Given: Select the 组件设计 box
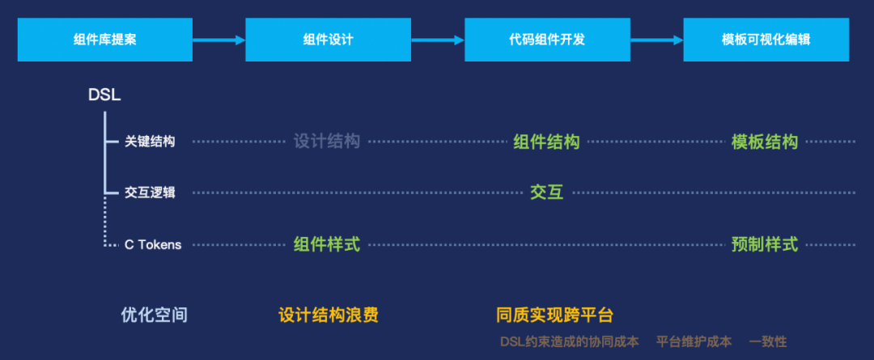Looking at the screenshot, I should click(x=322, y=40).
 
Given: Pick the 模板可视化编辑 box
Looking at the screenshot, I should click(x=766, y=40).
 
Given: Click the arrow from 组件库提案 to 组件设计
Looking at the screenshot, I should click(x=218, y=40).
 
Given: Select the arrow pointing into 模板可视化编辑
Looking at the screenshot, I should click(x=656, y=40).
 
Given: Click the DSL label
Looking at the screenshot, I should click(x=104, y=95).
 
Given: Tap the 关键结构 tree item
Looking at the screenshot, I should click(x=150, y=142).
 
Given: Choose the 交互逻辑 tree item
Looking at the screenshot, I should click(x=150, y=193).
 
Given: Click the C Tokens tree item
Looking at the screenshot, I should click(x=153, y=244).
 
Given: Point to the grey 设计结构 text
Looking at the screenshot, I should click(x=326, y=142).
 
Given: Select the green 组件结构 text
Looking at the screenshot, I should click(x=546, y=142).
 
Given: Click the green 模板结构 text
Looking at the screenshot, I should click(x=764, y=142).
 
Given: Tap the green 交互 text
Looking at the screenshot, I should click(x=546, y=193).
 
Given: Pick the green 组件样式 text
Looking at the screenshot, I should click(x=326, y=244).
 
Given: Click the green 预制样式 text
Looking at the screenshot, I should click(x=764, y=244).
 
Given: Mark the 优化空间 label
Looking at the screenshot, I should click(x=154, y=315).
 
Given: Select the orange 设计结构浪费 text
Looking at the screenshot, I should click(x=328, y=315).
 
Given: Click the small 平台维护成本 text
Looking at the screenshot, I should click(x=694, y=341).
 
